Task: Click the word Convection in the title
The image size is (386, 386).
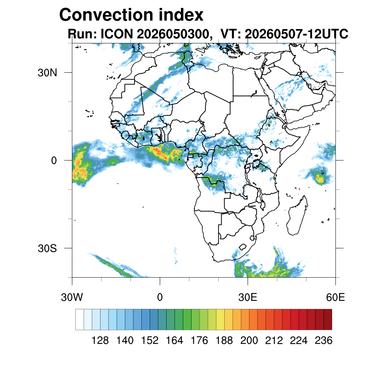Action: [107, 15]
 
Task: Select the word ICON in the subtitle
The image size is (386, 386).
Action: [117, 34]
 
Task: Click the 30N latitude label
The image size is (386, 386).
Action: [47, 73]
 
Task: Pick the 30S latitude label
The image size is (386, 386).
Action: [47, 248]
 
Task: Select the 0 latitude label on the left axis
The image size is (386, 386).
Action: [54, 161]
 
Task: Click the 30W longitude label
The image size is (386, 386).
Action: [72, 297]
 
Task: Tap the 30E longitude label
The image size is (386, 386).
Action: [248, 297]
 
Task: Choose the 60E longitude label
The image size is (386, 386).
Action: [335, 297]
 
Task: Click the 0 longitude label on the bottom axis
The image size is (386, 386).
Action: [160, 297]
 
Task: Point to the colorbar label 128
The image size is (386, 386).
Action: [100, 340]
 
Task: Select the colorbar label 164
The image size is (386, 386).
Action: [175, 340]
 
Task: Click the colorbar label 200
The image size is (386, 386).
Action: [249, 340]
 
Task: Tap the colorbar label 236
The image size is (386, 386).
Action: [323, 340]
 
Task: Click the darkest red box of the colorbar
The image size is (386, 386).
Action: [328, 320]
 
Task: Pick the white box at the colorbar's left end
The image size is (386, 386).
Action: [80, 320]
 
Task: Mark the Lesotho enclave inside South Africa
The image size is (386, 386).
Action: [243, 247]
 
